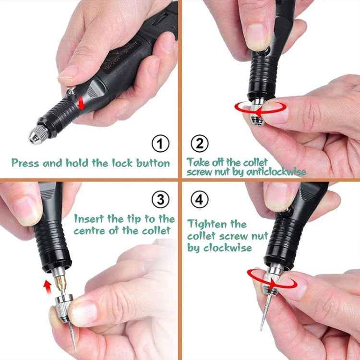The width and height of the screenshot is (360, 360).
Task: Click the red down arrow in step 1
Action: click(x=82, y=102)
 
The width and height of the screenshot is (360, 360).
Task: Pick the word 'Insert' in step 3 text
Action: click(x=89, y=219)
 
